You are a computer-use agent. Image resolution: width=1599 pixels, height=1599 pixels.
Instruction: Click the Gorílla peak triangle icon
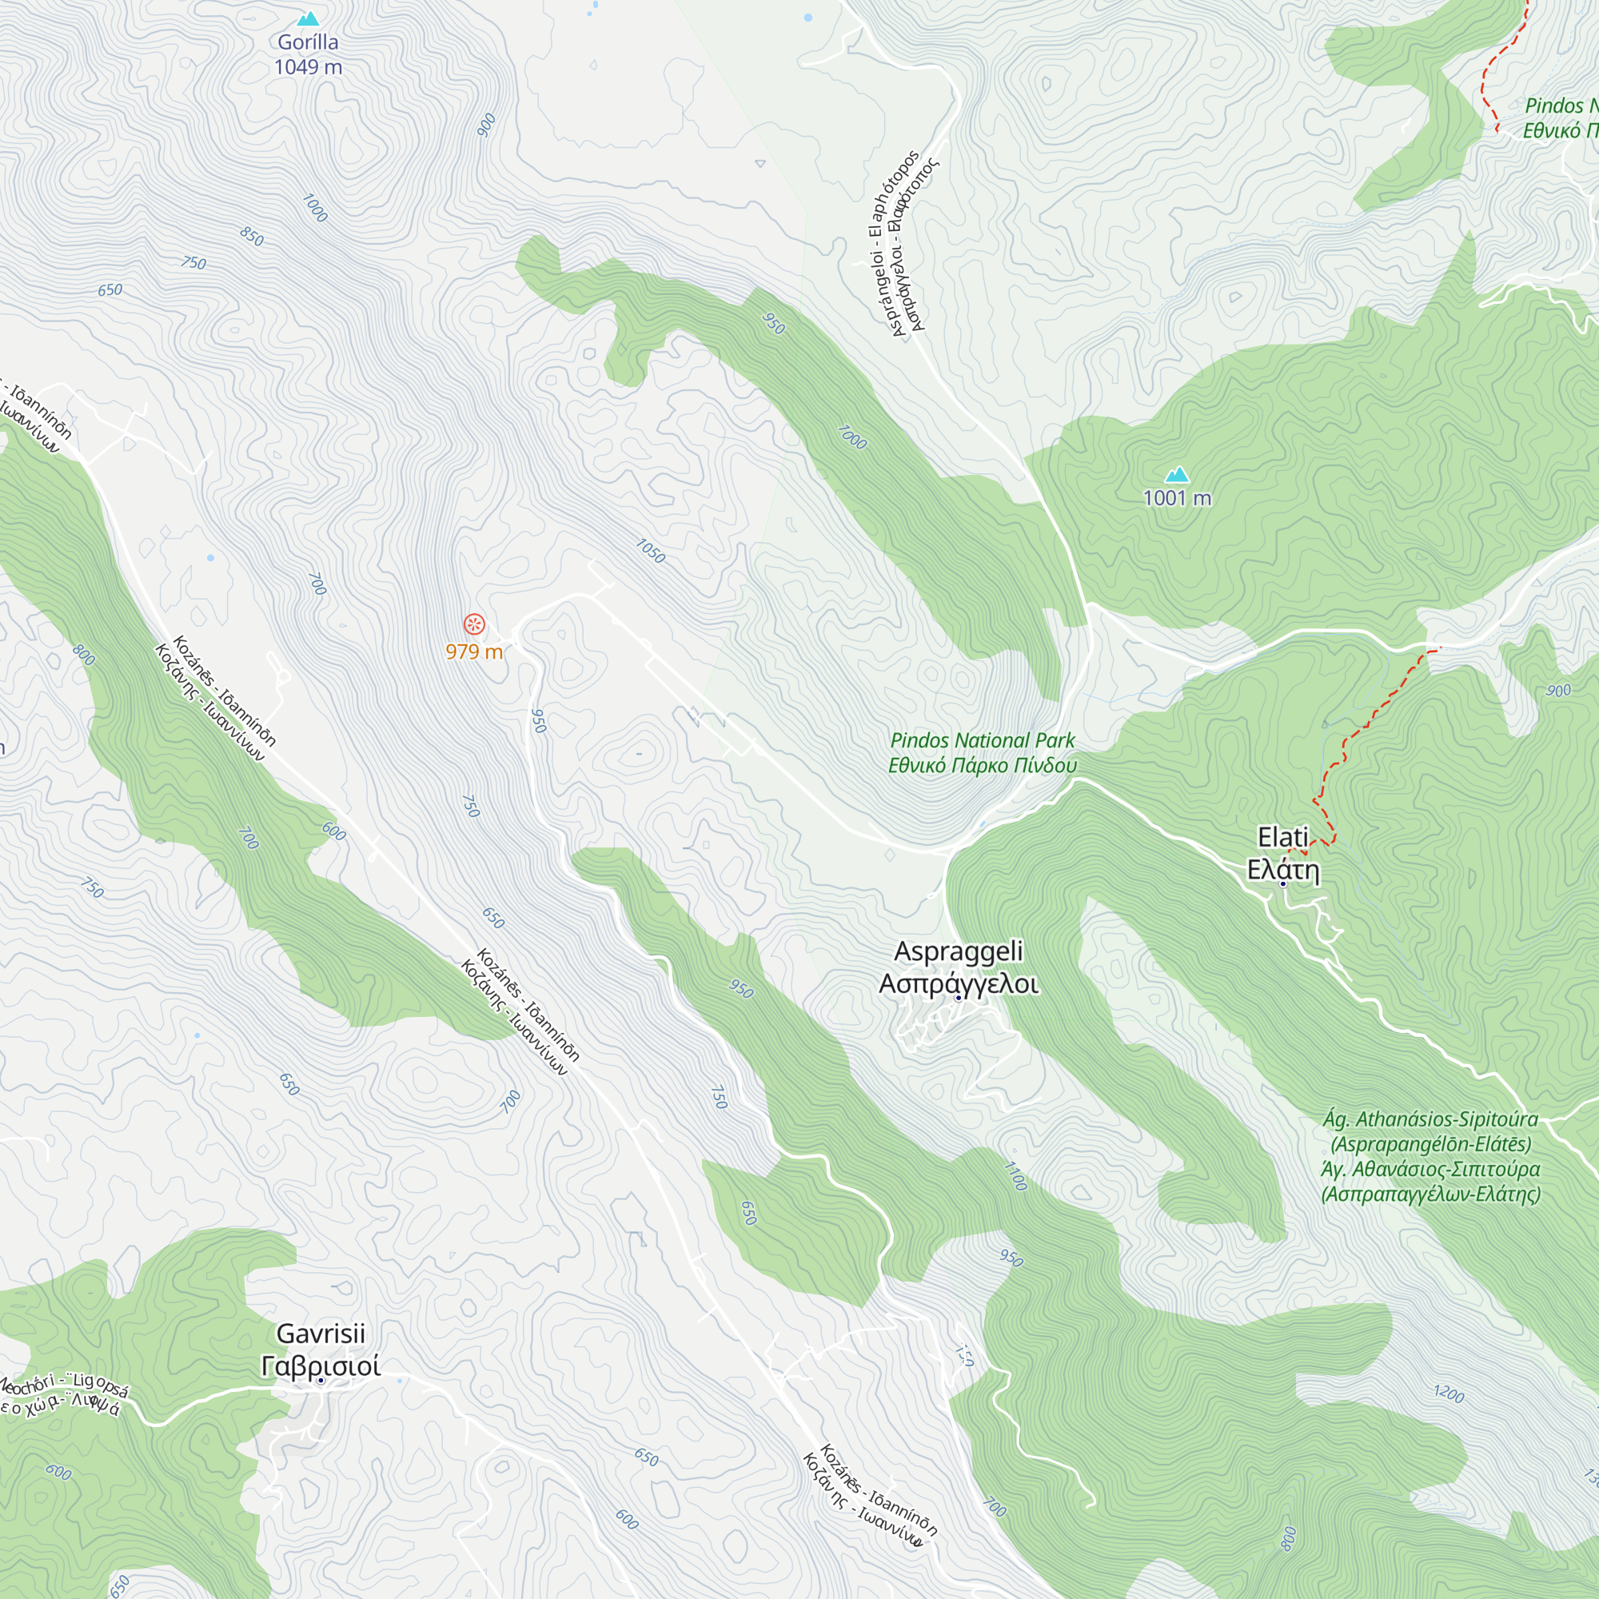click(x=308, y=18)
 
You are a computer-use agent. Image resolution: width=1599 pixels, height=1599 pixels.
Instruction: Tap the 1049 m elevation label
click(x=308, y=67)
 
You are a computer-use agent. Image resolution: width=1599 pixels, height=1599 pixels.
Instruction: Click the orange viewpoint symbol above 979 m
click(x=473, y=624)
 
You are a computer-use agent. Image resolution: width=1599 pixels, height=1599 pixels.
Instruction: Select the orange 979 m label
click(x=473, y=652)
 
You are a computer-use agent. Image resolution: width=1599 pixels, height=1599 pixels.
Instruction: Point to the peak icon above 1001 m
click(x=1177, y=474)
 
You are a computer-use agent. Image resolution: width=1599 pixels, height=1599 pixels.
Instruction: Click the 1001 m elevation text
click(x=1177, y=498)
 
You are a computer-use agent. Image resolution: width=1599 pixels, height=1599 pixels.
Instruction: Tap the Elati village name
click(x=1283, y=837)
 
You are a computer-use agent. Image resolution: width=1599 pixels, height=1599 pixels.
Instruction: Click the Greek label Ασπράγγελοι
click(x=959, y=984)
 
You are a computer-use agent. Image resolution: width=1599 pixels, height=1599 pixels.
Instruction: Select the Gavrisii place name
click(x=321, y=1334)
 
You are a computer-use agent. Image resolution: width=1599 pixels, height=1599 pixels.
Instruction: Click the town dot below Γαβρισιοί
click(x=321, y=1381)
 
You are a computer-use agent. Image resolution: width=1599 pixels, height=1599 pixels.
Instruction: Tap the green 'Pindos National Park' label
click(x=983, y=741)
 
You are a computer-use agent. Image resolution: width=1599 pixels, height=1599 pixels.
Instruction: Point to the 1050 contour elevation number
click(x=651, y=550)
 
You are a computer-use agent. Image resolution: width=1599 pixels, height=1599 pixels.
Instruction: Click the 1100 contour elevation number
click(x=1015, y=1176)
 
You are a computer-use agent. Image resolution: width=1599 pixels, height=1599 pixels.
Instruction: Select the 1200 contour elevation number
click(x=1449, y=1394)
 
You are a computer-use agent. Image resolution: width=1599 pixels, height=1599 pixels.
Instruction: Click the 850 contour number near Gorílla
click(x=252, y=237)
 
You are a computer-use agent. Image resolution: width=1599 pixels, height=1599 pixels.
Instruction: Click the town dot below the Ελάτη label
click(x=1283, y=884)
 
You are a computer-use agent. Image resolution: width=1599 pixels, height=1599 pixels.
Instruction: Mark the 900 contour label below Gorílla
click(x=487, y=124)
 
